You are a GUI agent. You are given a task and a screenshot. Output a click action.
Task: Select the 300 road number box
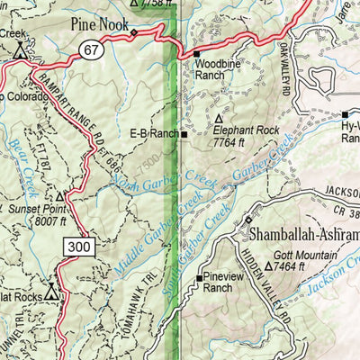point(77,245)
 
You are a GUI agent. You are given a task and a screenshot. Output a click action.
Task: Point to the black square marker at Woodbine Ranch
point(196,55)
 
